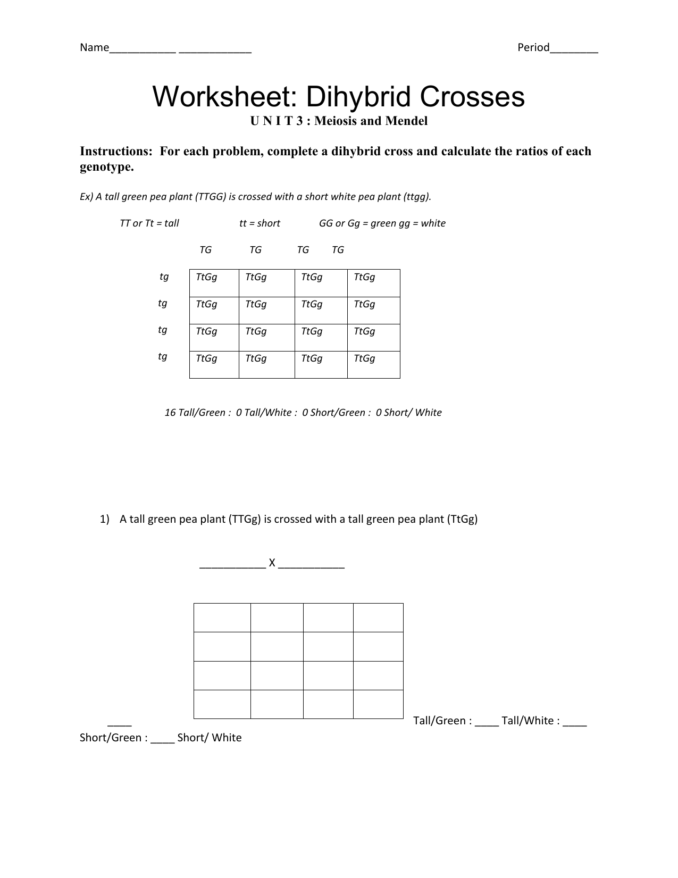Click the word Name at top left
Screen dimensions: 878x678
click(x=94, y=48)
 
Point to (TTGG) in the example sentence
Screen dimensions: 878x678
click(x=211, y=197)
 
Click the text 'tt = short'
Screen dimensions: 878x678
click(x=260, y=223)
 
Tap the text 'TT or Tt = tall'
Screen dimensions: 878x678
click(x=149, y=223)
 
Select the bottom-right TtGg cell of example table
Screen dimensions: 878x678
click(x=373, y=364)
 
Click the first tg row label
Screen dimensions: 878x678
click(x=164, y=277)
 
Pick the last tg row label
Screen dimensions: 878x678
click(x=163, y=357)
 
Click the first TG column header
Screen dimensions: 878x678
click(x=205, y=250)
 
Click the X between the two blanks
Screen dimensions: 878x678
click(x=272, y=563)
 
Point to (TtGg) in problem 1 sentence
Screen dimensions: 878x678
click(x=462, y=520)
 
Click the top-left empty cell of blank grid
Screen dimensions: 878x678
click(x=222, y=617)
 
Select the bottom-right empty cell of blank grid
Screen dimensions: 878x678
click(x=378, y=704)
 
